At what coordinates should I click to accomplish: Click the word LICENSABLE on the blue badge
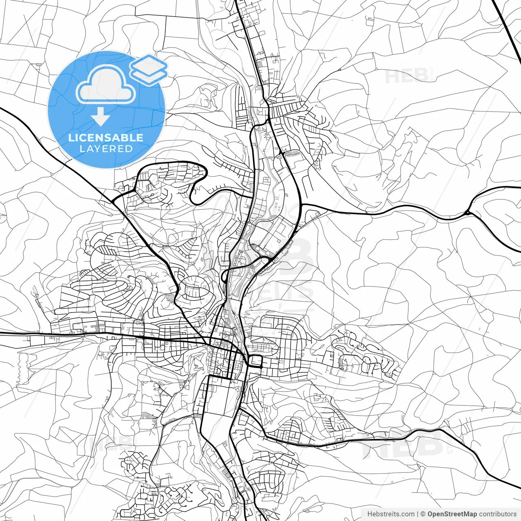(x=106, y=138)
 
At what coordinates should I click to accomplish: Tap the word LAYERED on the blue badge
(x=106, y=149)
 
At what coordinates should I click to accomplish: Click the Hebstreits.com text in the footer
(x=391, y=514)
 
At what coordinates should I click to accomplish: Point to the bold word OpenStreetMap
(x=452, y=514)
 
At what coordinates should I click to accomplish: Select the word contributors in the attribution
(x=497, y=514)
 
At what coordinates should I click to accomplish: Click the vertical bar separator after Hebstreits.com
(x=418, y=514)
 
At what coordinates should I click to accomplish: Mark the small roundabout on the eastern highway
(x=467, y=212)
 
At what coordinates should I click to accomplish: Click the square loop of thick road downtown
(x=255, y=361)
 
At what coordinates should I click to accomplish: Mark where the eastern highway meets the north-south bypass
(x=302, y=204)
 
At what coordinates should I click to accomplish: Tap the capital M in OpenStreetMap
(x=468, y=514)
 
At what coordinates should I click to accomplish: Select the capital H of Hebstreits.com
(x=370, y=514)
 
